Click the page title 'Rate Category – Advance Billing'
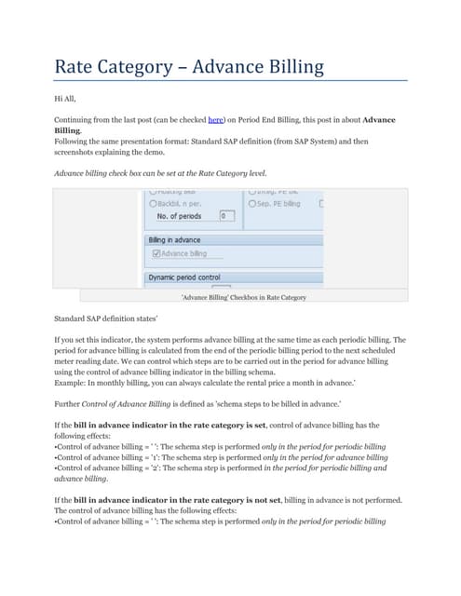(189, 66)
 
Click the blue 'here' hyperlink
(215, 120)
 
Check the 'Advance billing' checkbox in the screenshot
(156, 253)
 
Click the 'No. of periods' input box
(226, 216)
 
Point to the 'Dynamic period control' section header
(187, 277)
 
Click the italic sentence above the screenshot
(160, 173)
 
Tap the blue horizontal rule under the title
(230, 81)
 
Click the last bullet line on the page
(221, 521)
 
